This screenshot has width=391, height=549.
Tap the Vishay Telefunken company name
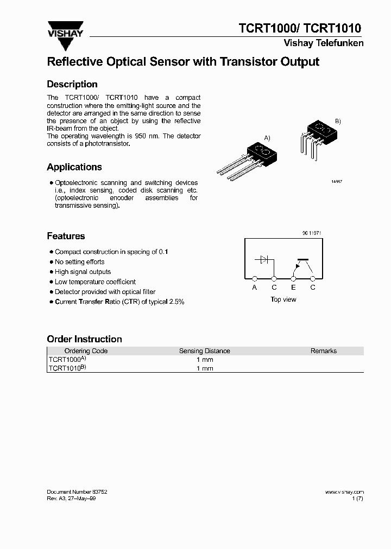click(323, 43)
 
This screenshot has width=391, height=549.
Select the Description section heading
click(72, 84)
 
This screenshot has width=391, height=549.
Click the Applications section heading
click(74, 167)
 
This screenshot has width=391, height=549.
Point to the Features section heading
click(66, 236)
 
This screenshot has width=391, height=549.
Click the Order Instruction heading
click(84, 339)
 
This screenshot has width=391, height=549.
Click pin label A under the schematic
click(255, 288)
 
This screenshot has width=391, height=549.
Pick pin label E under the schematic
click(293, 288)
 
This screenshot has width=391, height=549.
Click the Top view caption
click(283, 299)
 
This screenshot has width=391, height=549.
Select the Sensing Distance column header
click(205, 351)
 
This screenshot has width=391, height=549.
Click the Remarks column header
click(324, 351)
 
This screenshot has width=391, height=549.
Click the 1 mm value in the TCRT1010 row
click(205, 368)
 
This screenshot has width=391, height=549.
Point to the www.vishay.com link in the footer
click(344, 492)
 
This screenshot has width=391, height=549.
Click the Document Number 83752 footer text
click(77, 492)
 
